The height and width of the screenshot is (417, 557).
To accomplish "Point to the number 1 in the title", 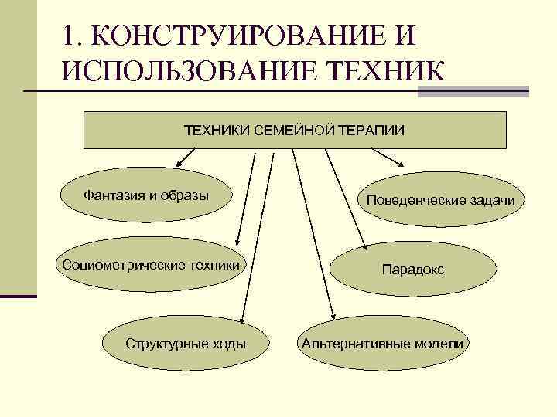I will (x=71, y=36).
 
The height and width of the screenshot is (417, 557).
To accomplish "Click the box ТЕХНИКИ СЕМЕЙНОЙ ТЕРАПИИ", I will (x=294, y=130).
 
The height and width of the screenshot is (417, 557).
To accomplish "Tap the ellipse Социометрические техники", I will (x=150, y=266).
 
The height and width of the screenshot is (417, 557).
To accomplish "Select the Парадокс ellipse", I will (x=412, y=270).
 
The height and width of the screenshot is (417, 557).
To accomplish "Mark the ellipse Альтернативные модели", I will (x=384, y=344).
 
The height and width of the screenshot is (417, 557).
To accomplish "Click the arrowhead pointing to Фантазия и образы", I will (x=179, y=163).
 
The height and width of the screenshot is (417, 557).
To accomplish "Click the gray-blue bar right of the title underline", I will (x=473, y=91).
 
